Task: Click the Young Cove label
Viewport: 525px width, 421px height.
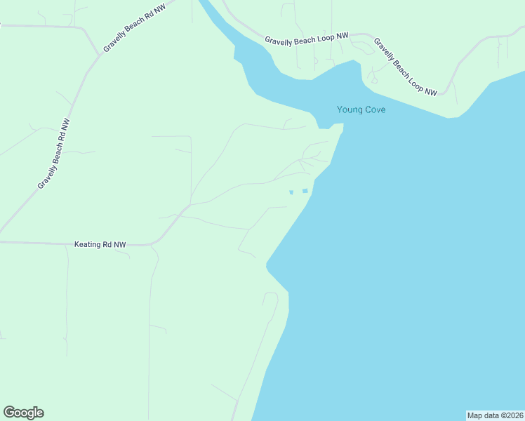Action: point(361,109)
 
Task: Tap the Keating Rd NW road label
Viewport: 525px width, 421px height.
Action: point(100,245)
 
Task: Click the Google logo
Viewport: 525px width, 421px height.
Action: point(23,412)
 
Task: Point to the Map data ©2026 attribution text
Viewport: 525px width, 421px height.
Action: point(496,415)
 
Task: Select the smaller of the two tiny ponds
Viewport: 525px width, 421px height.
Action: point(291,192)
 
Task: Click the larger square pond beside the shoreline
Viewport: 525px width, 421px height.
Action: point(305,191)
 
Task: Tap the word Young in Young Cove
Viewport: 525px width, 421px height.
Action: point(350,109)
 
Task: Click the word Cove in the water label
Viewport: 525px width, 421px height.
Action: point(374,109)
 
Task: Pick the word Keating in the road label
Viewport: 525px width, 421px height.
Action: point(87,245)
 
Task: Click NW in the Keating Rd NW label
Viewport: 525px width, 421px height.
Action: point(119,245)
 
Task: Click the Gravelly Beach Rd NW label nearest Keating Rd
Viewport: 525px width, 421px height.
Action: point(54,153)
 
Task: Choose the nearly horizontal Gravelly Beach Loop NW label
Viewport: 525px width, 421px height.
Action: point(307,39)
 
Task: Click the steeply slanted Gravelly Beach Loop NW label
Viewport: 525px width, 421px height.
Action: point(405,66)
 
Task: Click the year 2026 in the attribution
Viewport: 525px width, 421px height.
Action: point(514,415)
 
